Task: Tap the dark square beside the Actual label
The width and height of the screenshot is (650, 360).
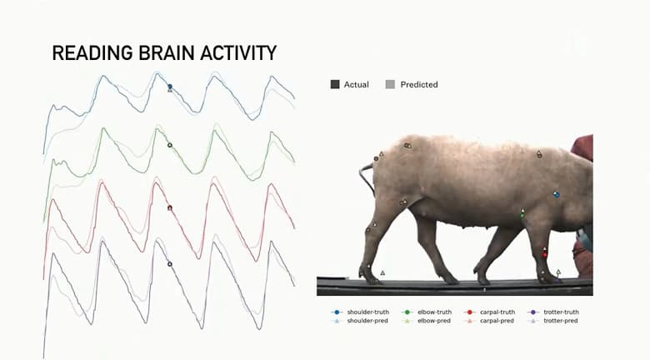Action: pos(335,84)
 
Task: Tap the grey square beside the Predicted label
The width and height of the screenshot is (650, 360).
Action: pos(390,84)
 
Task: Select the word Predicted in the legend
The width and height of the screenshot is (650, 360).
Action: pos(418,84)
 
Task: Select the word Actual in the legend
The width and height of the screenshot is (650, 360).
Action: pos(356,84)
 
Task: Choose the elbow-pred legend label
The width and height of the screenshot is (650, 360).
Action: pos(433,320)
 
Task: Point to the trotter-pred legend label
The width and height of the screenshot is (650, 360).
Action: pos(560,320)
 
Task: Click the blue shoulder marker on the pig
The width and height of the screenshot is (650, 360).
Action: pos(557,194)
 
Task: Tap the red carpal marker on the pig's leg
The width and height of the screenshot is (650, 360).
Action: pos(545,252)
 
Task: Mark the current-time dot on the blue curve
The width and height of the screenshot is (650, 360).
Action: pos(170,87)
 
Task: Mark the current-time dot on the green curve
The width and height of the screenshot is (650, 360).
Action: pos(170,145)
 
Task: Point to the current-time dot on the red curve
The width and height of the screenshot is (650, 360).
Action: pos(170,207)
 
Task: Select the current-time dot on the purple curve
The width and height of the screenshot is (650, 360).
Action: pos(170,264)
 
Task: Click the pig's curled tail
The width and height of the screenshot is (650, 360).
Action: pos(363,177)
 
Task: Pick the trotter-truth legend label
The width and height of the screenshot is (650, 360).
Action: pos(561,312)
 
